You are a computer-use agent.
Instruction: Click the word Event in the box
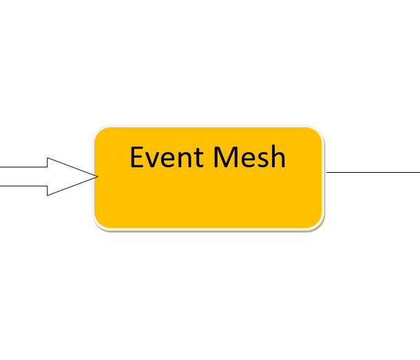coord(167,157)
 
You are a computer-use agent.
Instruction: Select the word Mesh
coord(249,156)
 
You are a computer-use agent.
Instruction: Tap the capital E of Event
coord(136,157)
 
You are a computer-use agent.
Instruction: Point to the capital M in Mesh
coord(224,157)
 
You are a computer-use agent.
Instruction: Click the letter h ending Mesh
coord(279,156)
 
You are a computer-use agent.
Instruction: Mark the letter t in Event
coord(198,158)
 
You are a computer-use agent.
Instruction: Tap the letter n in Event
coord(185,160)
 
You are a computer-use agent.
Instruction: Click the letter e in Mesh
coord(246,160)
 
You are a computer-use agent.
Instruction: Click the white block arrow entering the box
coord(49,176)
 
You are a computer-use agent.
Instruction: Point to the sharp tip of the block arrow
coord(98,176)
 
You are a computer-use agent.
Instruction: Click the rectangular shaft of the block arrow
coord(23,176)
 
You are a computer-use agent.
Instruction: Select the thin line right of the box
coord(373,172)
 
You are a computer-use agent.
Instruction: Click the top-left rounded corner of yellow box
coord(98,131)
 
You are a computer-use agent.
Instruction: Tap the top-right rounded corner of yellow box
coord(319,131)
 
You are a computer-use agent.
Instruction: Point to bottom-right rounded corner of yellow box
coord(319,225)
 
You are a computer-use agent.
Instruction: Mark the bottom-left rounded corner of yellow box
coord(98,225)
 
